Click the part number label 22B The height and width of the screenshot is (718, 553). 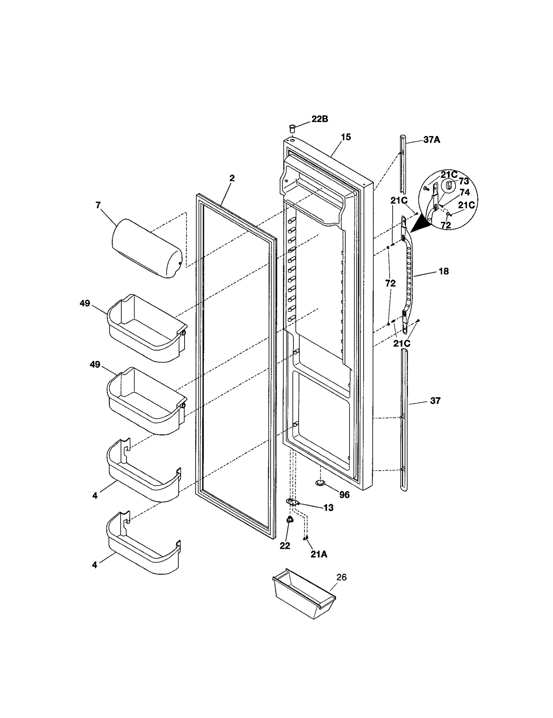coord(319,119)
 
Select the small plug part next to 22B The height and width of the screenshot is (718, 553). coord(292,129)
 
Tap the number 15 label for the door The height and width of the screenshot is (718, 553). coord(346,137)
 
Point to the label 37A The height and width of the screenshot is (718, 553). coord(432,140)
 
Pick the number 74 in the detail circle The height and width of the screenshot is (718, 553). coord(465,193)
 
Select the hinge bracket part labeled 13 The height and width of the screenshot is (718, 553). coord(292,501)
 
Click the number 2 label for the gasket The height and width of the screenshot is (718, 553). coord(232,178)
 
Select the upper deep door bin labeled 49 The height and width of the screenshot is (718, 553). coord(147,327)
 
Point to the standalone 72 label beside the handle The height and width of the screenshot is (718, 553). coord(390,283)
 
